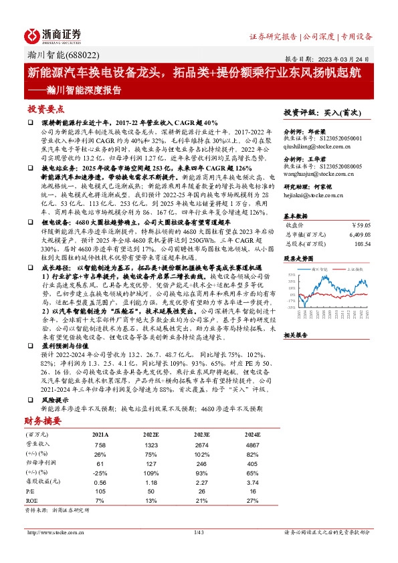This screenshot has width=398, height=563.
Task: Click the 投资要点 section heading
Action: [x=45, y=108]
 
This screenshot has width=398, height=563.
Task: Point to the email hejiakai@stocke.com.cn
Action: [x=314, y=197]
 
